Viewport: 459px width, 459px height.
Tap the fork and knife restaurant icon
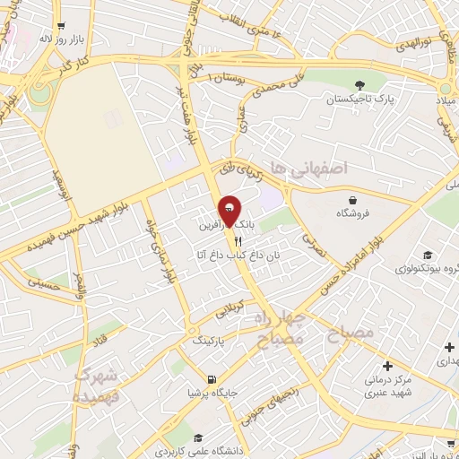[x=238, y=240]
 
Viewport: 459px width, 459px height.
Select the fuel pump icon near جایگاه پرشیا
[x=212, y=378]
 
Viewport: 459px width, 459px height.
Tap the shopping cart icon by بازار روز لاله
[x=60, y=27]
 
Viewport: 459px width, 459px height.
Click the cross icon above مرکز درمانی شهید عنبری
[x=386, y=366]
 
